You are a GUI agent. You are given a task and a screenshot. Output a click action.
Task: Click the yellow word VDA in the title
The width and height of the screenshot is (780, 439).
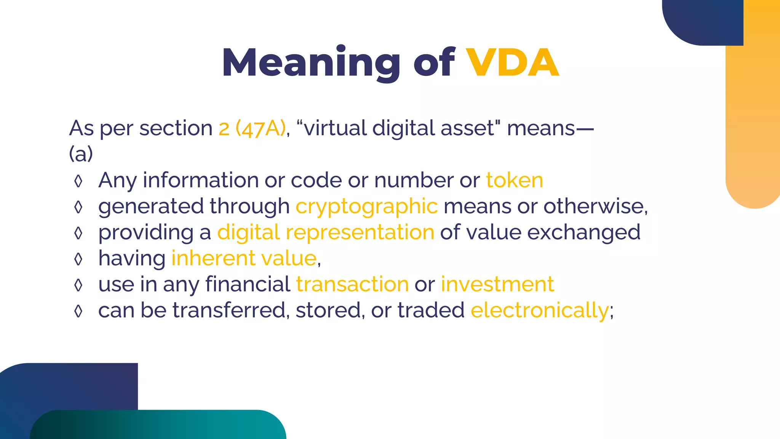point(512,63)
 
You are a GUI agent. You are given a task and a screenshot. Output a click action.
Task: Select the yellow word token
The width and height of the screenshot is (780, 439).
point(515,180)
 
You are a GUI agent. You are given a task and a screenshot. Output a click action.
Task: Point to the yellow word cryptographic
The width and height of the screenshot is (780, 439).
point(366,207)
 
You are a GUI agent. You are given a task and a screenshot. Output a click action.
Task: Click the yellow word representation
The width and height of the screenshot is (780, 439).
point(360,232)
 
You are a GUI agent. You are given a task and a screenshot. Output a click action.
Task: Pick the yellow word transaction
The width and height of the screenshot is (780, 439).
point(352,284)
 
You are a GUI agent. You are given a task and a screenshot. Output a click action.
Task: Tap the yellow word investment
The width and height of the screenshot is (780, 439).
point(497,284)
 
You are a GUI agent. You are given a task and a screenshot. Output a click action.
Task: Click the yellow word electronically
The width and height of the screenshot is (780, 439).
point(540,310)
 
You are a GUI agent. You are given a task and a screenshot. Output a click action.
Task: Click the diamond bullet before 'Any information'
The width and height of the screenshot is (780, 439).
point(78,181)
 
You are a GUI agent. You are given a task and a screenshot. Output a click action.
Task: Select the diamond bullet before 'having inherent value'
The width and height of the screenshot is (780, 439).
point(78,259)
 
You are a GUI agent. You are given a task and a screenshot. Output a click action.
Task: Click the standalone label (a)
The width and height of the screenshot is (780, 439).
point(81,154)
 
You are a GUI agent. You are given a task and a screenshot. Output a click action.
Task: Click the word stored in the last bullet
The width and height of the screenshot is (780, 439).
point(328,310)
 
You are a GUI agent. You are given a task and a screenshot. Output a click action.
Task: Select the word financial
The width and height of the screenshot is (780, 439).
point(248,284)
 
